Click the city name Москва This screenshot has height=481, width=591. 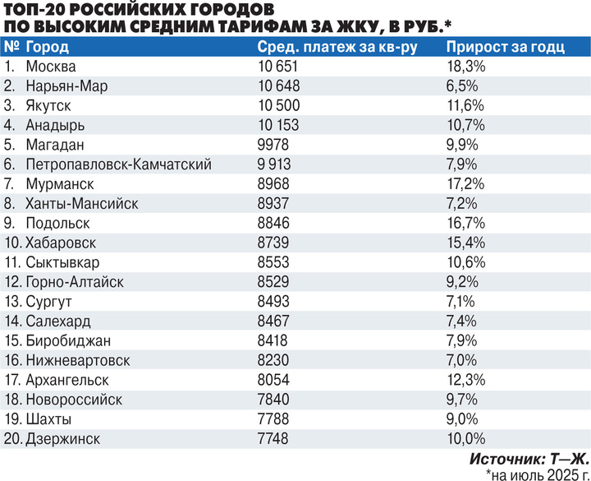tap(52, 67)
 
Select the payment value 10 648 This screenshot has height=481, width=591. tap(278, 86)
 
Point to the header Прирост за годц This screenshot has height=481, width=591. tap(508, 46)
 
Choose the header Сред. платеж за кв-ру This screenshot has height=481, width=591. tap(337, 46)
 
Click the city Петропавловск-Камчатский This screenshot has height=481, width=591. tap(119, 164)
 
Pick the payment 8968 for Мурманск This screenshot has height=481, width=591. tap(273, 184)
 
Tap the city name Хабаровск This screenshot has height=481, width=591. tap(62, 243)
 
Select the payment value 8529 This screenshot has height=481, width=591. tap(273, 282)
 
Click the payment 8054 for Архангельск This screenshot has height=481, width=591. tap(273, 380)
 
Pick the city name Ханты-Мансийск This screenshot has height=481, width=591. tap(82, 204)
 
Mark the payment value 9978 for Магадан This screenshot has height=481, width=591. tap(273, 145)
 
